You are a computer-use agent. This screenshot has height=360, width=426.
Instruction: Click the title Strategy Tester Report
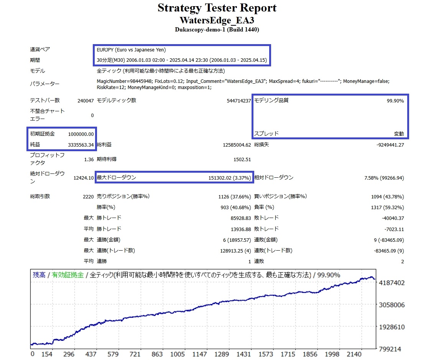click(217, 8)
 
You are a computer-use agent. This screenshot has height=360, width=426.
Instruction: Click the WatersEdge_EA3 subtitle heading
click(217, 20)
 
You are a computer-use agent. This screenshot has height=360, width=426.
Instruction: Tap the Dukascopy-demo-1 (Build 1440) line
click(217, 30)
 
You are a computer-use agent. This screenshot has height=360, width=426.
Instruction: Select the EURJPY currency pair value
click(131, 50)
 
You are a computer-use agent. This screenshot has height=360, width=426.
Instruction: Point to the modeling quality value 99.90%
click(395, 101)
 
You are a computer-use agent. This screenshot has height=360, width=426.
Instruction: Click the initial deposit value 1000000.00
click(81, 134)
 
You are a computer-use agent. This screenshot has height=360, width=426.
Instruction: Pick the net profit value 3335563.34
click(81, 145)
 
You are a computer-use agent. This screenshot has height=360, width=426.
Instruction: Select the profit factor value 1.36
click(89, 159)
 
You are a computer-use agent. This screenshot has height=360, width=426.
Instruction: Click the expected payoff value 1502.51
click(242, 159)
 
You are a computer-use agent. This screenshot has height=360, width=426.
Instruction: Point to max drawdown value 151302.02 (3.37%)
click(230, 178)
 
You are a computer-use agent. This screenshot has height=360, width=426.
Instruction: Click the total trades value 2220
click(88, 197)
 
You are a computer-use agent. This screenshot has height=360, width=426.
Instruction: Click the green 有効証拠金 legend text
click(68, 275)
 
